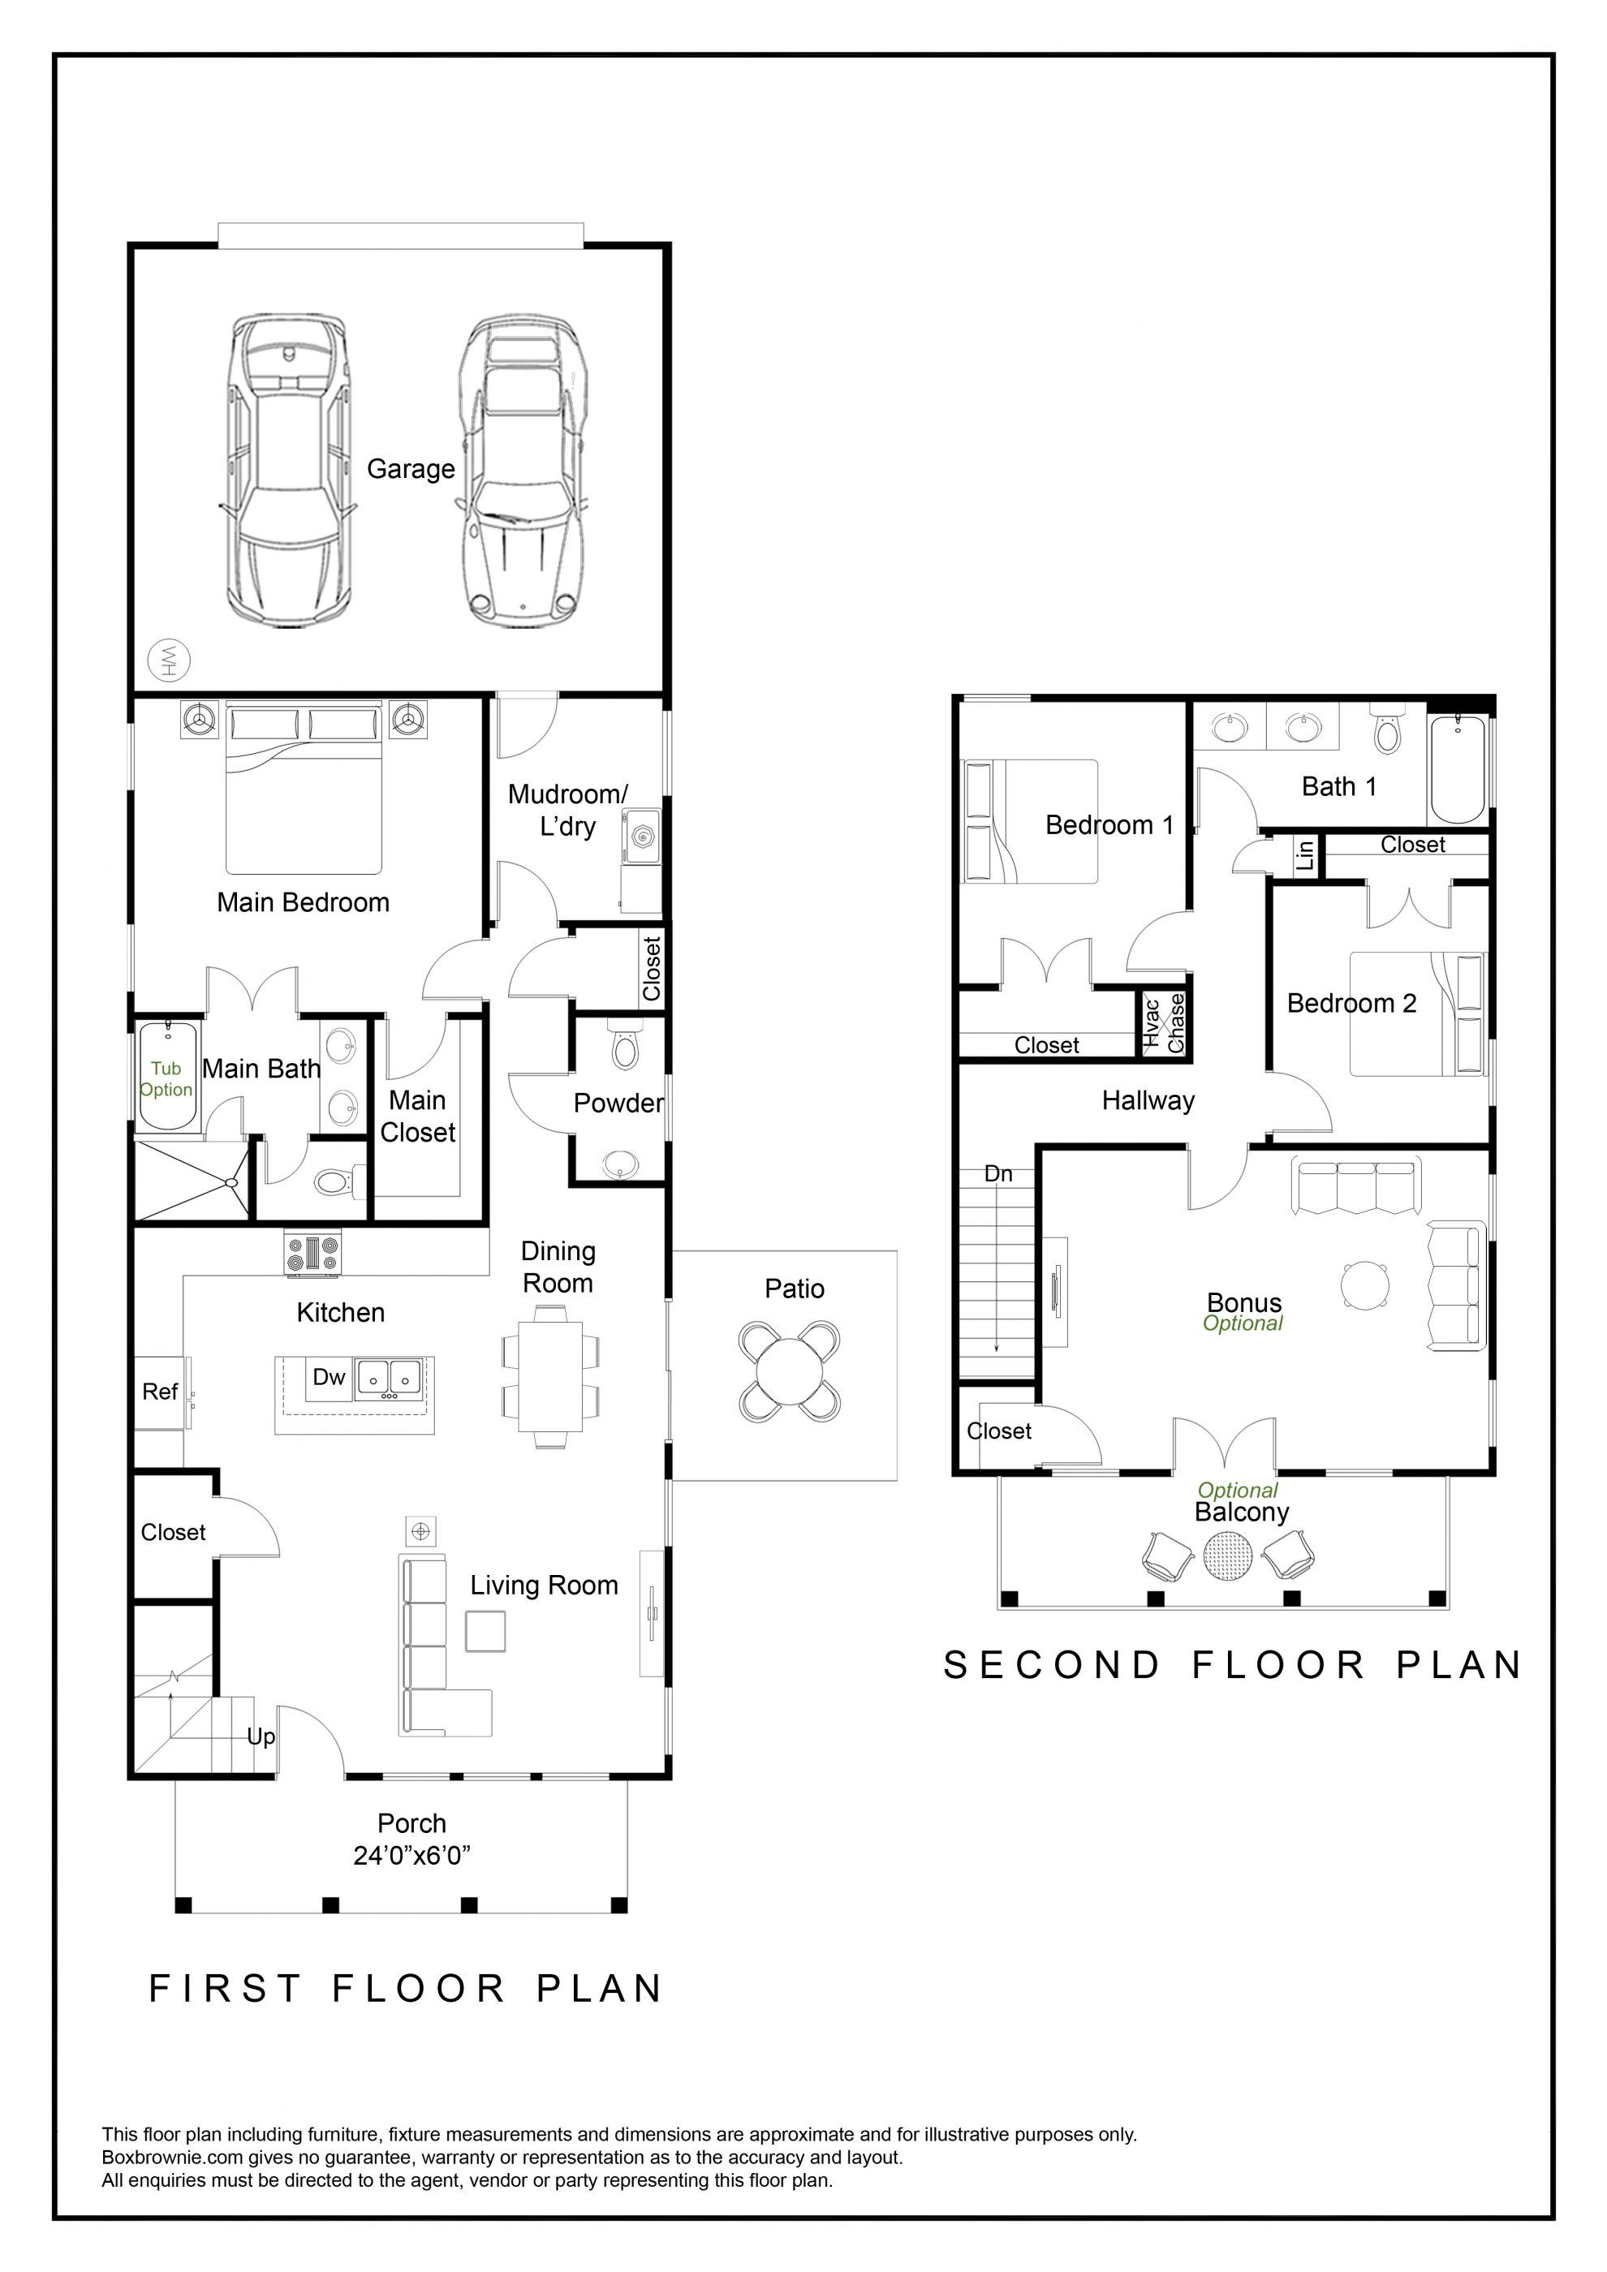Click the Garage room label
[411, 469]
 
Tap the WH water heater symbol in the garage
[168, 660]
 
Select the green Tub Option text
[166, 1078]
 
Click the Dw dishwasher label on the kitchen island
[329, 1376]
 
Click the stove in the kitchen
[312, 1253]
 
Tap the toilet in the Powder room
[623, 1045]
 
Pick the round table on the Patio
[790, 1371]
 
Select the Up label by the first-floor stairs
[261, 1736]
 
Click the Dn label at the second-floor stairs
[998, 1173]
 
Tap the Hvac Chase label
[1164, 1023]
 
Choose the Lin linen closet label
[1306, 854]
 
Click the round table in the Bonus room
[1366, 1285]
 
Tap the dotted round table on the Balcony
[1228, 1556]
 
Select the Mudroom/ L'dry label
[568, 810]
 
